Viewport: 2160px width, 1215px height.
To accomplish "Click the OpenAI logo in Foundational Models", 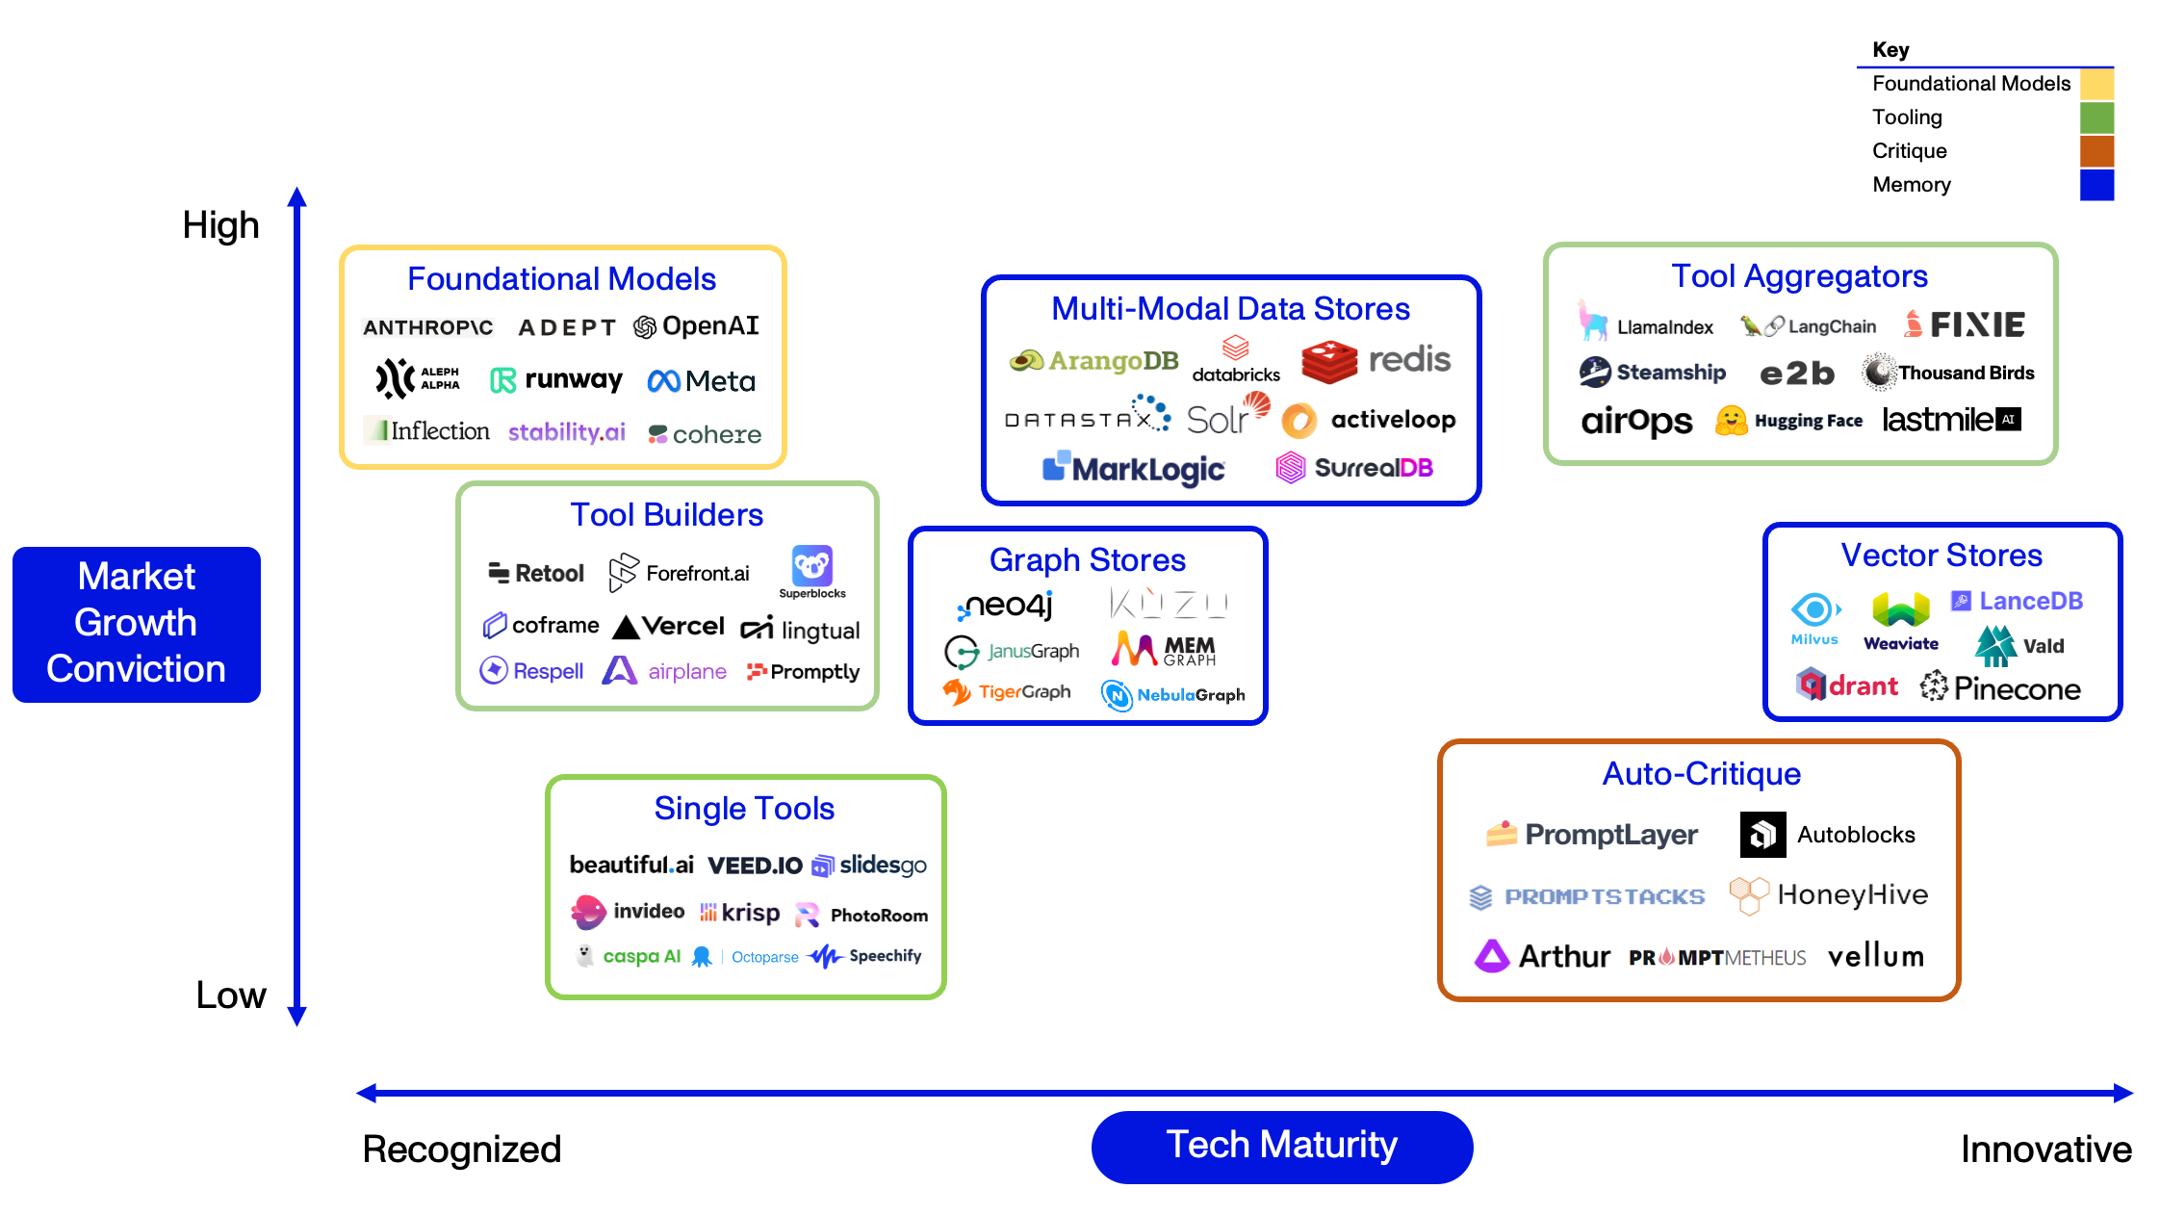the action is pos(696,326).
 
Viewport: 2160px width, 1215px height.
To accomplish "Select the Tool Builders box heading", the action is pos(666,514).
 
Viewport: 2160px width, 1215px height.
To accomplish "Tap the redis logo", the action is pos(1376,361).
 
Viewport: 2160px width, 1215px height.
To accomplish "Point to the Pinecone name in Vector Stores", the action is pos(2017,688).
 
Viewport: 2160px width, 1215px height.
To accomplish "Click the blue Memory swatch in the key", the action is pos(2096,184).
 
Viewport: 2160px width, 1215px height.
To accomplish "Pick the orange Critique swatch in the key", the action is pos(2096,150).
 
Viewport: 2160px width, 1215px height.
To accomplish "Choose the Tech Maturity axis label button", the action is pos(1281,1146).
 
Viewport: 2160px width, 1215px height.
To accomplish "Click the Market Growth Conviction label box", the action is pos(137,624).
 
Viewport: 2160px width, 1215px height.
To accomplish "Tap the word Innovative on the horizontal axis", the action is pos(2045,1149).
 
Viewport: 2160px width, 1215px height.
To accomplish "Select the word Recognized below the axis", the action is pos(461,1150).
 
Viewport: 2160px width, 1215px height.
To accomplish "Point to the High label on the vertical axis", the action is pos(220,225).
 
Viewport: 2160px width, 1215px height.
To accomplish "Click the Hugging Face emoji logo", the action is pos(1731,421).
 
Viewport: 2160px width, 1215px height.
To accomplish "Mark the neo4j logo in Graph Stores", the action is pos(1005,606).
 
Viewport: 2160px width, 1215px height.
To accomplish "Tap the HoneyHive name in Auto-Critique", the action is pos(1852,894).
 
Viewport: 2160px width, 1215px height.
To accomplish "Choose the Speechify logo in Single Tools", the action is pos(864,956).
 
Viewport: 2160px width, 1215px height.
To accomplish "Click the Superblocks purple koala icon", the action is pos(811,565).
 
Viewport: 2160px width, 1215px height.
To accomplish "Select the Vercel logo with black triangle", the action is pos(668,627).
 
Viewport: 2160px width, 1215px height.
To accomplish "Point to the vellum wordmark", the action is pos(1875,956).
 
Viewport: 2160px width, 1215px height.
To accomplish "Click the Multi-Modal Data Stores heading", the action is pos(1230,308).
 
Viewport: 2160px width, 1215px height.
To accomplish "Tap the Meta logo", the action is pos(701,381).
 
